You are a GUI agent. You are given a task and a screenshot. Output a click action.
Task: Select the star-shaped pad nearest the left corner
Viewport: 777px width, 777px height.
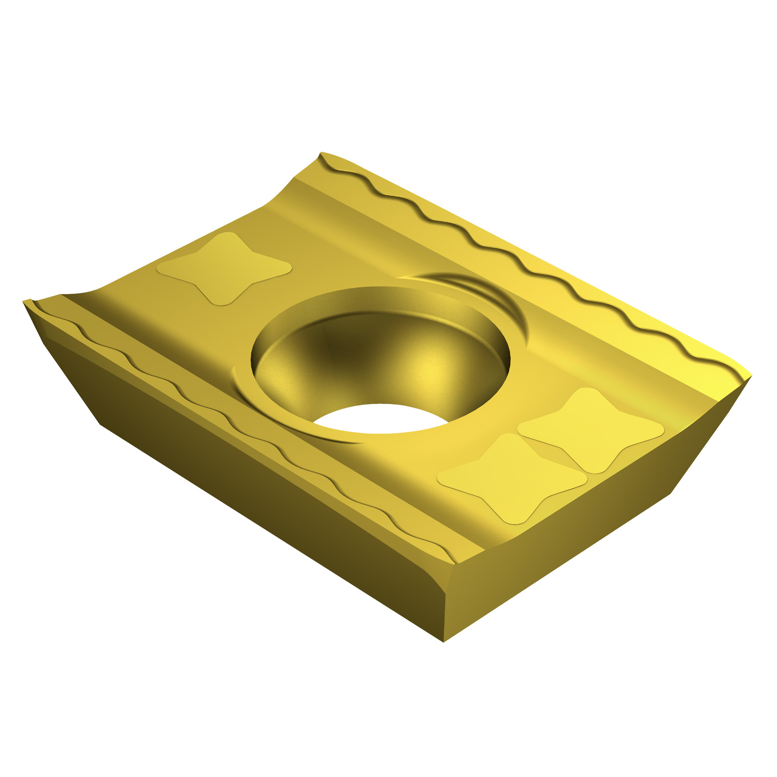224,268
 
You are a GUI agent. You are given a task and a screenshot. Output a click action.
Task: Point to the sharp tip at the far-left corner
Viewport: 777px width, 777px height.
25,301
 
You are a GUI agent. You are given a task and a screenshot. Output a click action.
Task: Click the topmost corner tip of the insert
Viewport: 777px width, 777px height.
322,153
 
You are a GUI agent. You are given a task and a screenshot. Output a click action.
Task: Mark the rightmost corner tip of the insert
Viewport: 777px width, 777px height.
750,377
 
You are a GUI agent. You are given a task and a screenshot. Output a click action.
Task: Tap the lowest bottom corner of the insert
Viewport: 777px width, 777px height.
444,641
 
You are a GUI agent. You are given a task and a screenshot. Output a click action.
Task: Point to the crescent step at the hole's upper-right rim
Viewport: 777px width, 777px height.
497,300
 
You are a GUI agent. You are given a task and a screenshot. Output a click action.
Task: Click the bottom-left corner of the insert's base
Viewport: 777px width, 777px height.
100,424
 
